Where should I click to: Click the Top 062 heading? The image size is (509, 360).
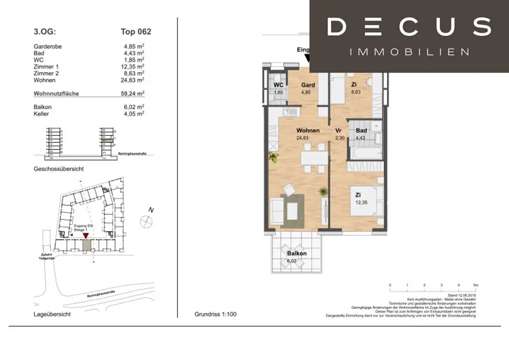point(136,32)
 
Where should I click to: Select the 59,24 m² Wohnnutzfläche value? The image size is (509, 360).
point(134,93)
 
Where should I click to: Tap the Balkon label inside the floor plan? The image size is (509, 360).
point(297,253)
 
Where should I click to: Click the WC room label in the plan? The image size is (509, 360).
point(279,85)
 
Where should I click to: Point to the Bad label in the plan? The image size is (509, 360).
point(361,131)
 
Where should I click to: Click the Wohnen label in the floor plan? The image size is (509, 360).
point(308,131)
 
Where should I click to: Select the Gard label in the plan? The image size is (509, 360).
point(308,85)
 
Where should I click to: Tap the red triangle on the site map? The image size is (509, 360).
point(86,235)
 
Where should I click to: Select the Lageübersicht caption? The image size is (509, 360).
point(52,315)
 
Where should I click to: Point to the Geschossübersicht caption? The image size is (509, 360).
point(59,169)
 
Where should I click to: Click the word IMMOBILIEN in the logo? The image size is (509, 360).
point(409,52)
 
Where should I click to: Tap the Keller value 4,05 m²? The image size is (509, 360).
point(134,113)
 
